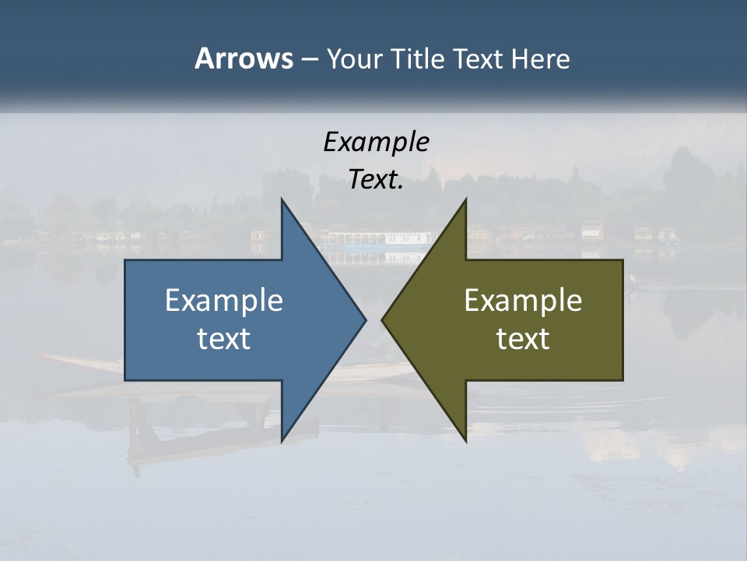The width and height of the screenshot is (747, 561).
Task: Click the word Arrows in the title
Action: click(x=243, y=58)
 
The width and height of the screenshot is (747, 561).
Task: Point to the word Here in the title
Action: click(x=540, y=58)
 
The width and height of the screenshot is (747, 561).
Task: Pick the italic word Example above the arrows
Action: click(x=376, y=142)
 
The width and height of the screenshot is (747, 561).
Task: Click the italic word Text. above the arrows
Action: click(x=376, y=180)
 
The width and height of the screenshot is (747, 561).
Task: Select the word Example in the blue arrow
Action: click(x=223, y=301)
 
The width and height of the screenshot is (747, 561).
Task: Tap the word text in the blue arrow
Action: click(x=223, y=339)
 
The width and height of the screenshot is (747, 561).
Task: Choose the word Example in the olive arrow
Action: click(x=523, y=301)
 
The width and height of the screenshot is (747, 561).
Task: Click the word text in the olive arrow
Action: click(x=523, y=339)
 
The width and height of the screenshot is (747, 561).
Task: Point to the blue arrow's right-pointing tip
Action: click(x=365, y=319)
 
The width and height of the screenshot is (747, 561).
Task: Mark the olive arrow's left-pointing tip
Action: click(x=383, y=319)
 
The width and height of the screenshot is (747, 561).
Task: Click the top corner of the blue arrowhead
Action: click(x=282, y=199)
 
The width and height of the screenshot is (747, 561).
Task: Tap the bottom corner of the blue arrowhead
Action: click(x=282, y=440)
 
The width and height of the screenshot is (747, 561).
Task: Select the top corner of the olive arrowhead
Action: click(x=466, y=199)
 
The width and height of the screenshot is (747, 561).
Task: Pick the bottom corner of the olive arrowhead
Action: click(x=466, y=440)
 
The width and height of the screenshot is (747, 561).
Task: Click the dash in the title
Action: click(x=309, y=59)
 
